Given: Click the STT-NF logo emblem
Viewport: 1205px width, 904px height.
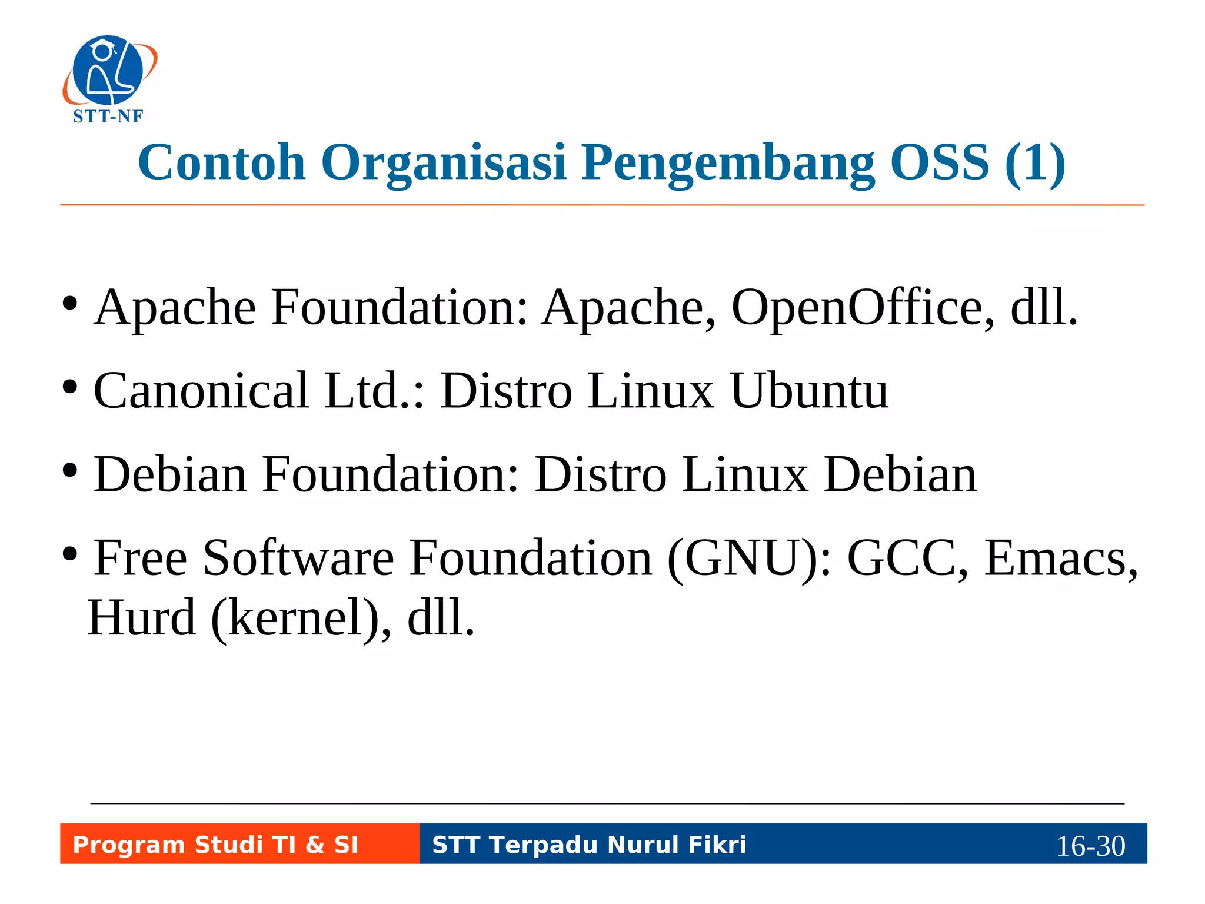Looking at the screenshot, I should (x=109, y=71).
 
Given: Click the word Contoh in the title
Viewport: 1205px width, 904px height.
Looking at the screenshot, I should (x=222, y=162).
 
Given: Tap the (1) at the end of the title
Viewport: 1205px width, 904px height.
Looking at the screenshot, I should (x=1035, y=162).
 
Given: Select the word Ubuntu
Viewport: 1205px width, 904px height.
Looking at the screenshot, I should (x=809, y=391).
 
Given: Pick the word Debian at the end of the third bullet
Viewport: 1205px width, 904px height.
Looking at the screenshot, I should (x=900, y=474).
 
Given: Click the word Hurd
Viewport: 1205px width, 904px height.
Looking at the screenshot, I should (x=142, y=618).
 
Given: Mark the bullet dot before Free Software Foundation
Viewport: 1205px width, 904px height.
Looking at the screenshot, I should (x=70, y=554).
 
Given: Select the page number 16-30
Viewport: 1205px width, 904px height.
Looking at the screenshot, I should (x=1090, y=846).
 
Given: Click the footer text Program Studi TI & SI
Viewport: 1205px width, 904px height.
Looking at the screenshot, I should (x=215, y=845).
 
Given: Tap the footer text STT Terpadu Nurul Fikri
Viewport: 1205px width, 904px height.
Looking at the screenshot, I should (x=589, y=845).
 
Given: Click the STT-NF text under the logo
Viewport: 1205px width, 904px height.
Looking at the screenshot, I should (x=108, y=117).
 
